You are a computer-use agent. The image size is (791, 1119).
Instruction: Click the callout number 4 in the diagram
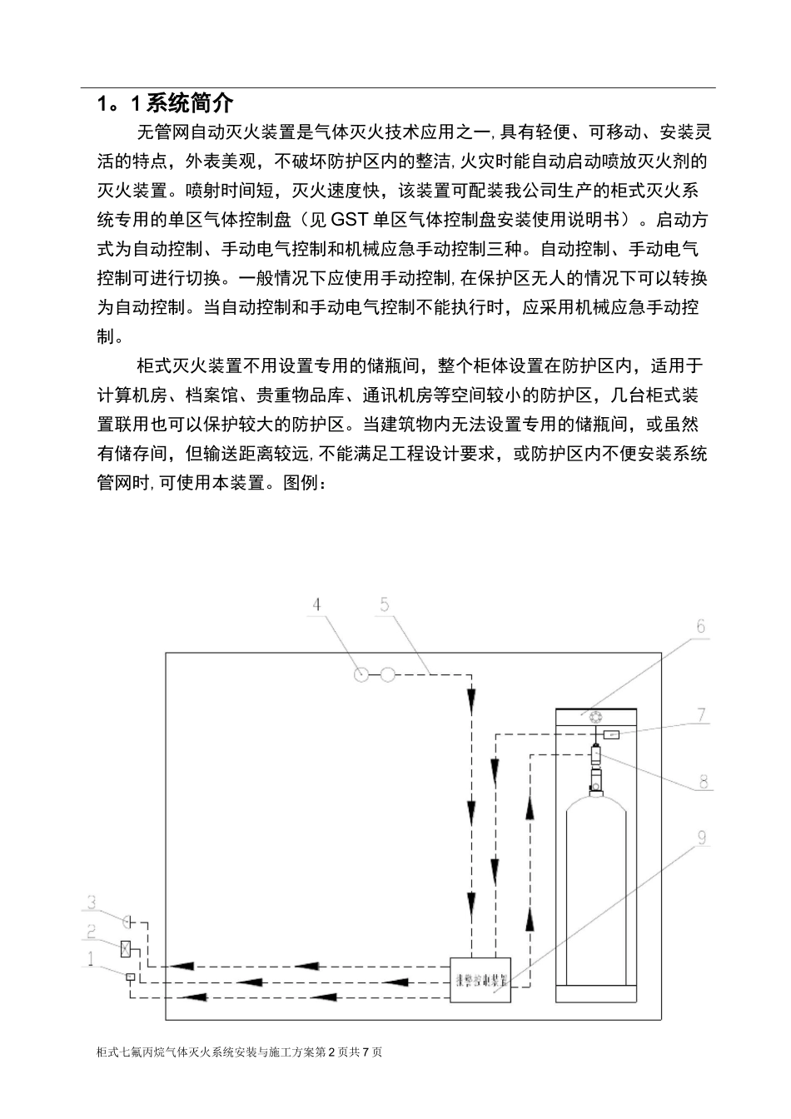(x=317, y=604)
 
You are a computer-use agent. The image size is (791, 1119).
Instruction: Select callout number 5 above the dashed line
(x=385, y=604)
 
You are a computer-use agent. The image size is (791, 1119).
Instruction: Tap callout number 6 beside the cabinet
(x=700, y=626)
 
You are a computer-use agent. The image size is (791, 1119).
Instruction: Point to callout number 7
(x=701, y=714)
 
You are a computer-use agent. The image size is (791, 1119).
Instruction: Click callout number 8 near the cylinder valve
(x=704, y=782)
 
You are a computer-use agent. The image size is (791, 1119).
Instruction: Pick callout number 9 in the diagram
(x=702, y=837)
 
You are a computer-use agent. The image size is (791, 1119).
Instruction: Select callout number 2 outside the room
(x=92, y=932)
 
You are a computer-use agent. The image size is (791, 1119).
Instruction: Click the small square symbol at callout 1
(x=130, y=976)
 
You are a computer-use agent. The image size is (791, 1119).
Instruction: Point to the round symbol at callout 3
(x=127, y=921)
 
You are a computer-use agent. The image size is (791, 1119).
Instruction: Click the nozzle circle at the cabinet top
(x=594, y=718)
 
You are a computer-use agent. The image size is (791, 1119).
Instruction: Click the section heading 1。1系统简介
(x=165, y=103)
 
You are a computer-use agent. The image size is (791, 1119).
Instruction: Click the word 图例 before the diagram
(x=299, y=483)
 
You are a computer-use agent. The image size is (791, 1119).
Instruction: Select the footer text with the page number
(x=240, y=1052)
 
